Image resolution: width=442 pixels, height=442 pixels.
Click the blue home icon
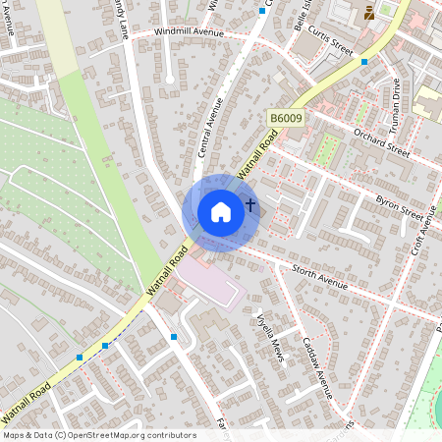click(221, 212)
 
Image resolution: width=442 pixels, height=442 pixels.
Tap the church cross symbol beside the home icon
click(250, 205)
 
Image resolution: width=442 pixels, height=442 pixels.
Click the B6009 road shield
click(287, 119)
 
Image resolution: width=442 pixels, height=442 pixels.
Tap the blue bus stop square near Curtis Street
click(364, 62)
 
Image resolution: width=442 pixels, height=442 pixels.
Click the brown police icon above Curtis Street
click(368, 12)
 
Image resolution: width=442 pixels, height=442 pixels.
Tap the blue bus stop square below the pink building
click(173, 337)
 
